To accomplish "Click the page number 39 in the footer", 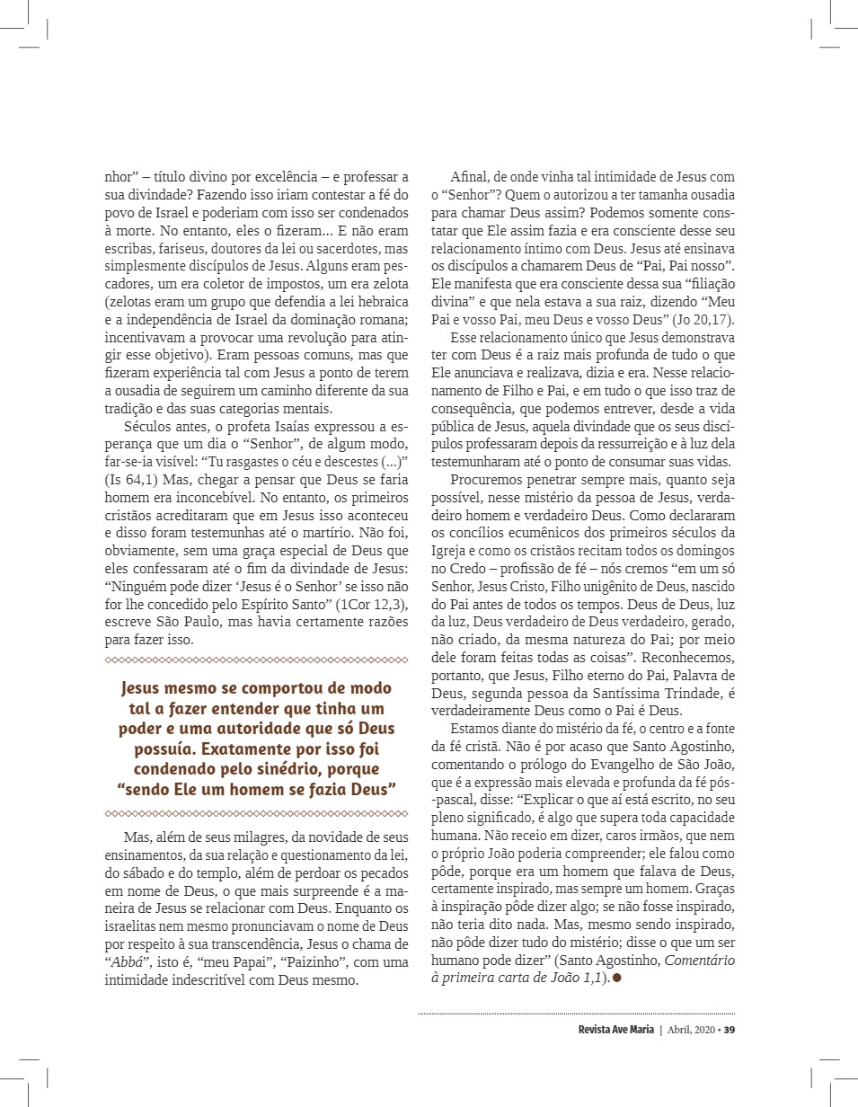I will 730,1030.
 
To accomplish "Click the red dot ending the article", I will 618,978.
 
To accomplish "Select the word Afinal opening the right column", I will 471,177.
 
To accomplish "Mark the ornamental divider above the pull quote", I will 257,661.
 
